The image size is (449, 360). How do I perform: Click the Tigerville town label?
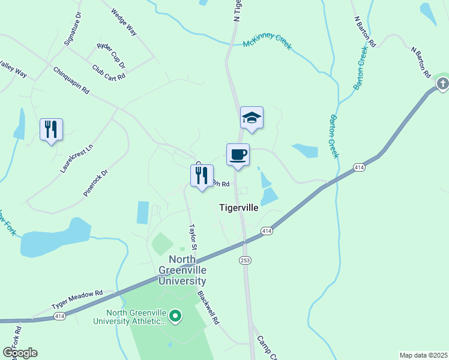[x=238, y=208]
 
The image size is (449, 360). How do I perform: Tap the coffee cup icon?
[x=238, y=155]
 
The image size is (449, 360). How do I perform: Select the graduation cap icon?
[x=252, y=118]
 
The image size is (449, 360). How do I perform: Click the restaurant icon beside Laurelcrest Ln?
[x=51, y=130]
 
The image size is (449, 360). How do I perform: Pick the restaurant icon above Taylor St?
[x=202, y=176]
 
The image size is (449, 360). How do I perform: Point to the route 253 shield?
[x=246, y=260]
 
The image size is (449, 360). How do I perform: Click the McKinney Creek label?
[x=267, y=41]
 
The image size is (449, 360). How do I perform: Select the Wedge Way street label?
[x=124, y=22]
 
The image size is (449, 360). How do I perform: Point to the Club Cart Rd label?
[x=109, y=72]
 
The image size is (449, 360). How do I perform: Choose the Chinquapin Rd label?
[x=71, y=80]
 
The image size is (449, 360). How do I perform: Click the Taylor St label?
[x=193, y=238]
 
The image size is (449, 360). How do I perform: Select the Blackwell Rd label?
[x=209, y=308]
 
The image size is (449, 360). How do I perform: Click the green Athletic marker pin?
[x=175, y=315]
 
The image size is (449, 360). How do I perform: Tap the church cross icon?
[x=442, y=84]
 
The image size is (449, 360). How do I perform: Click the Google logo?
[x=19, y=353]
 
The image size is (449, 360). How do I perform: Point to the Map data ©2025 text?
[x=423, y=355]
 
